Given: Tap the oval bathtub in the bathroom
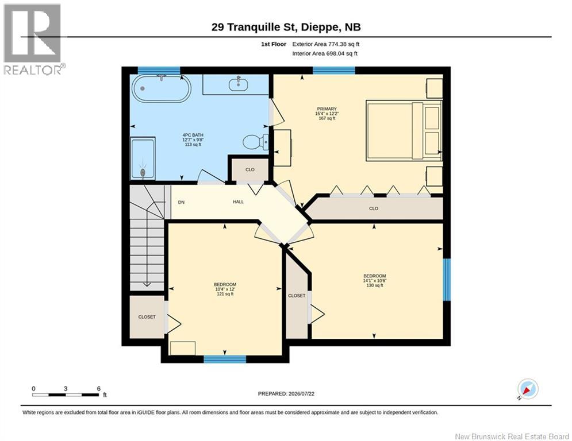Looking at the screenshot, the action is coord(162,88).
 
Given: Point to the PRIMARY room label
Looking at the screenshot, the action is coord(327,109).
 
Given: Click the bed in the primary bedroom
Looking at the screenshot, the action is coord(404,130).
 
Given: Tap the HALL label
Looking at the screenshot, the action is coord(238,202).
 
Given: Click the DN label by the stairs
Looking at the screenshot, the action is coord(181,202).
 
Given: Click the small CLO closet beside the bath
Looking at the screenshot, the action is coord(250,169).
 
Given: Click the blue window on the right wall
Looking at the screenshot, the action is coord(447,280).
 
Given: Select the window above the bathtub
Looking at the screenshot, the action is coord(159,71).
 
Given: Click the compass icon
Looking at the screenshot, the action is coord(528,389).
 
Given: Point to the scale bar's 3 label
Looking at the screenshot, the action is coord(66,389).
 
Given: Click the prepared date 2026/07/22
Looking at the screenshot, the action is coord(301,393).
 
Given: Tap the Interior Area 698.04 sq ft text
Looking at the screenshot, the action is coord(325,53).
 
